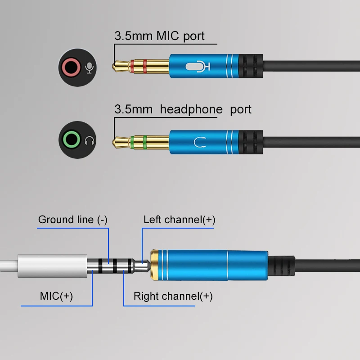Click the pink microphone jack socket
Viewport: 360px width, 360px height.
pyautogui.click(x=71, y=67)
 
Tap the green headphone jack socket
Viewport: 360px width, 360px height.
pyautogui.click(x=72, y=140)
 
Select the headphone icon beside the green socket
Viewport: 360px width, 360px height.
pyautogui.click(x=90, y=140)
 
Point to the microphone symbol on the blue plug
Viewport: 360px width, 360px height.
pyautogui.click(x=198, y=67)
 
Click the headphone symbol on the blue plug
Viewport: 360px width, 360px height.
pyautogui.click(x=200, y=142)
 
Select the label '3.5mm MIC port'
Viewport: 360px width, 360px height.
pyautogui.click(x=159, y=36)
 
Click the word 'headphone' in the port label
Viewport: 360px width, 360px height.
pyautogui.click(x=191, y=109)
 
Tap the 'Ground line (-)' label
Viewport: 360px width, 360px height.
pyautogui.click(x=73, y=220)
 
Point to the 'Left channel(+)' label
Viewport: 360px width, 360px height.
pyautogui.click(x=179, y=220)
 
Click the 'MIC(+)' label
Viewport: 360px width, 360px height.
pyautogui.click(x=57, y=296)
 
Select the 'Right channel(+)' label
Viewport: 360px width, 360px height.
pyautogui.click(x=173, y=296)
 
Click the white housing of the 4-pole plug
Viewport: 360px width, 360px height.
pyautogui.click(x=52, y=266)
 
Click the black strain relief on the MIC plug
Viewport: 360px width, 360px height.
pyautogui.click(x=251, y=66)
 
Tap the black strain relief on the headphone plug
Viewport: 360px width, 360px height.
pyautogui.click(x=251, y=142)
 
